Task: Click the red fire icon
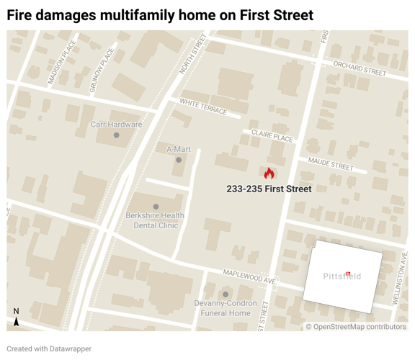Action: coord(269,174)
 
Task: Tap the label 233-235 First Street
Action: coord(269,189)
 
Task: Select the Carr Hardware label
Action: coord(116,125)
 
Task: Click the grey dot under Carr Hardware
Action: coord(117,135)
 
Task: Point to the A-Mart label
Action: coord(179,149)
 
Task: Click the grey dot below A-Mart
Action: coord(179,160)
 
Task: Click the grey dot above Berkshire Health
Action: coord(156,207)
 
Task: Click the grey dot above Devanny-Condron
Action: coord(226,294)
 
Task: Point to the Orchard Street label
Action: coord(360,68)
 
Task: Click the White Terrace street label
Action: coord(204,107)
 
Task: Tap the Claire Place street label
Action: coord(272,135)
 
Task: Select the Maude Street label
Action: coord(331,164)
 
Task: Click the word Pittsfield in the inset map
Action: coord(342,276)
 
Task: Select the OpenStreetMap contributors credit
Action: coord(356,327)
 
